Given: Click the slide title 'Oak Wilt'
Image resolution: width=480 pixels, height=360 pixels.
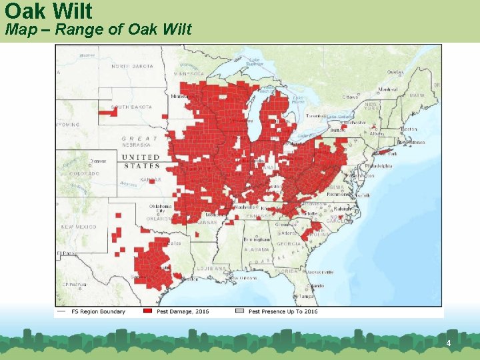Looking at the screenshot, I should tap(48, 11).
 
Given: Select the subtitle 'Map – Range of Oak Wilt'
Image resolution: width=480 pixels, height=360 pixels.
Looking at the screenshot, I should tap(98, 29).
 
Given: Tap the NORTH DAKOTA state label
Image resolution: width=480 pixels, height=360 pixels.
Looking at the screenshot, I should tap(132, 66).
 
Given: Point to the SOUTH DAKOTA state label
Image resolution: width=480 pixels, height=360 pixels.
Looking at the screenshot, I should tap(132, 107).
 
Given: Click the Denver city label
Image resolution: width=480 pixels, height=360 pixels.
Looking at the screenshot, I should tap(99, 161).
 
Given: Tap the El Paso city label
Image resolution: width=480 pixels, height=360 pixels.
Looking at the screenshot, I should tap(67, 253).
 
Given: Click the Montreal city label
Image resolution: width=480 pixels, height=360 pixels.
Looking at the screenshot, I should tap(388, 89).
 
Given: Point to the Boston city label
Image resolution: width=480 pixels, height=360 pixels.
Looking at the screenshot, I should tap(409, 129).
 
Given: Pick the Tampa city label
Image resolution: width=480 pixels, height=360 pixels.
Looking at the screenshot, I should tap(307, 296).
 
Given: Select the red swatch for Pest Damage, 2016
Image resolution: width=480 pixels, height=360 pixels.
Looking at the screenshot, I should tap(148, 311).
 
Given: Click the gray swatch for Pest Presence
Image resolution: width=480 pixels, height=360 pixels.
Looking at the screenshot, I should tap(240, 311).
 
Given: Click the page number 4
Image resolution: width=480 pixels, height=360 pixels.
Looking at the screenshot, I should tap(449, 343).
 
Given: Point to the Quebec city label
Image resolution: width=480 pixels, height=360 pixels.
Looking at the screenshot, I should tap(395, 72).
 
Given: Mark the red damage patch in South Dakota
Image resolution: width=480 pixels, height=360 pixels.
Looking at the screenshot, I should tap(107, 112).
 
